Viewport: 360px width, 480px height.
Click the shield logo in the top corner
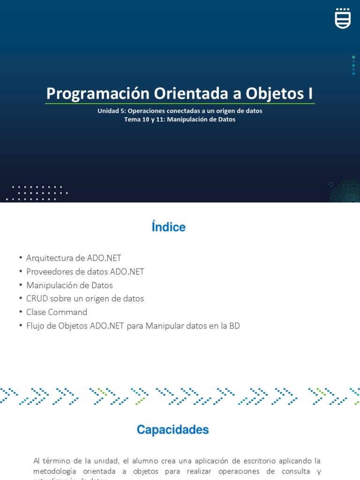click(343, 18)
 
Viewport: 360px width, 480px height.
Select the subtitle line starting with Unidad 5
click(180, 111)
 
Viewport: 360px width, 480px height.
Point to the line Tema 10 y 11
click(180, 120)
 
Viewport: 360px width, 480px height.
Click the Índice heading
click(169, 227)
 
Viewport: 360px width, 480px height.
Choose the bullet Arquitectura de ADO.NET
click(74, 258)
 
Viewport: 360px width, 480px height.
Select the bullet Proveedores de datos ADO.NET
click(85, 272)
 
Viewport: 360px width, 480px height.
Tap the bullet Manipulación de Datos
click(69, 285)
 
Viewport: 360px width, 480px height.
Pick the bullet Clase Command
click(57, 312)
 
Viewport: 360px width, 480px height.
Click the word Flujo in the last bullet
click(36, 326)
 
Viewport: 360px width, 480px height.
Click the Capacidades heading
click(172, 430)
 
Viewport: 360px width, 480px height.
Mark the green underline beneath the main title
click(180, 104)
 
